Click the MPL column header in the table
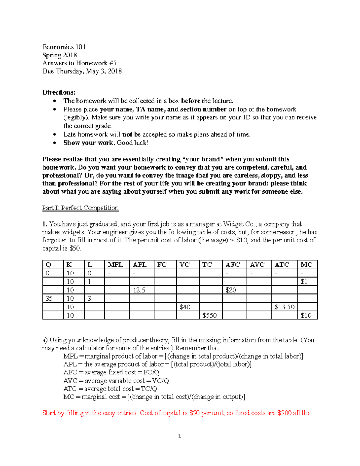point(115,265)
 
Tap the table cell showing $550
point(209,315)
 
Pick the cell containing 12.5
point(139,290)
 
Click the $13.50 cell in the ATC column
point(284,307)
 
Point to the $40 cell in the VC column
point(185,307)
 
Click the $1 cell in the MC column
point(304,282)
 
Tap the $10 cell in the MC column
point(306,315)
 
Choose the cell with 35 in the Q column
point(49,299)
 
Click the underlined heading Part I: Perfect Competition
point(80,208)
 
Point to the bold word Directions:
point(59,92)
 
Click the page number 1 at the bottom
point(179,436)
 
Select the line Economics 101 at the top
point(64,47)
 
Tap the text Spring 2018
point(60,55)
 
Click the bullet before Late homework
point(55,134)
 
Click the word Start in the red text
point(49,413)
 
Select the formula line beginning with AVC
point(116,381)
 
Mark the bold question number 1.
point(45,224)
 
